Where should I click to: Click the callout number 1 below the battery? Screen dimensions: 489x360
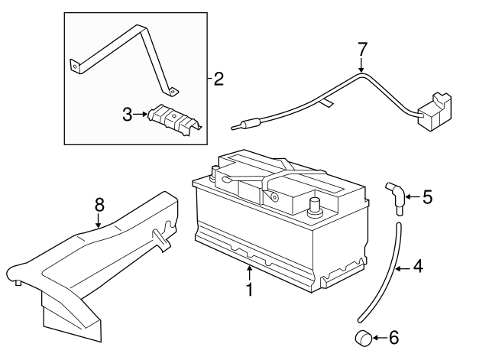(x=250, y=290)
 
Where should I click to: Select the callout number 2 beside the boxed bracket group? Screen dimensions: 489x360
(x=219, y=79)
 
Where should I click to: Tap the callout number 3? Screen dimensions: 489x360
(x=128, y=115)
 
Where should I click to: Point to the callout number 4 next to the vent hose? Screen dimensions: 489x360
(x=418, y=267)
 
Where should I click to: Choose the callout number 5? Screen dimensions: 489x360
(x=428, y=197)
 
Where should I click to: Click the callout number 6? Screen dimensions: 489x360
(x=394, y=338)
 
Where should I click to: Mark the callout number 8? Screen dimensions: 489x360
(x=99, y=205)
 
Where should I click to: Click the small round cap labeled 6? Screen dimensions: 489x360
(x=364, y=338)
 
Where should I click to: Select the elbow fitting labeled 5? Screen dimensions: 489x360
(x=396, y=197)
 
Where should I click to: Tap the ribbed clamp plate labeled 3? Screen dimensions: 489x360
(x=175, y=119)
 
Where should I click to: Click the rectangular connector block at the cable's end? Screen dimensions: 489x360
(x=434, y=112)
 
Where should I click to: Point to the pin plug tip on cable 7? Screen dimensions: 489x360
(x=236, y=127)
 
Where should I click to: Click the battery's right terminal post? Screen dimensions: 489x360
(x=315, y=206)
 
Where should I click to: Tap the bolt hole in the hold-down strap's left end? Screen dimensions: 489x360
(x=75, y=66)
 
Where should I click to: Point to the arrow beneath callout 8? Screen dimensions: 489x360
(x=99, y=220)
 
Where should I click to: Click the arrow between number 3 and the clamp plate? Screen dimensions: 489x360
(x=140, y=115)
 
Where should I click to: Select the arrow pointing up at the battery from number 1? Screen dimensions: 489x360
(x=250, y=273)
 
